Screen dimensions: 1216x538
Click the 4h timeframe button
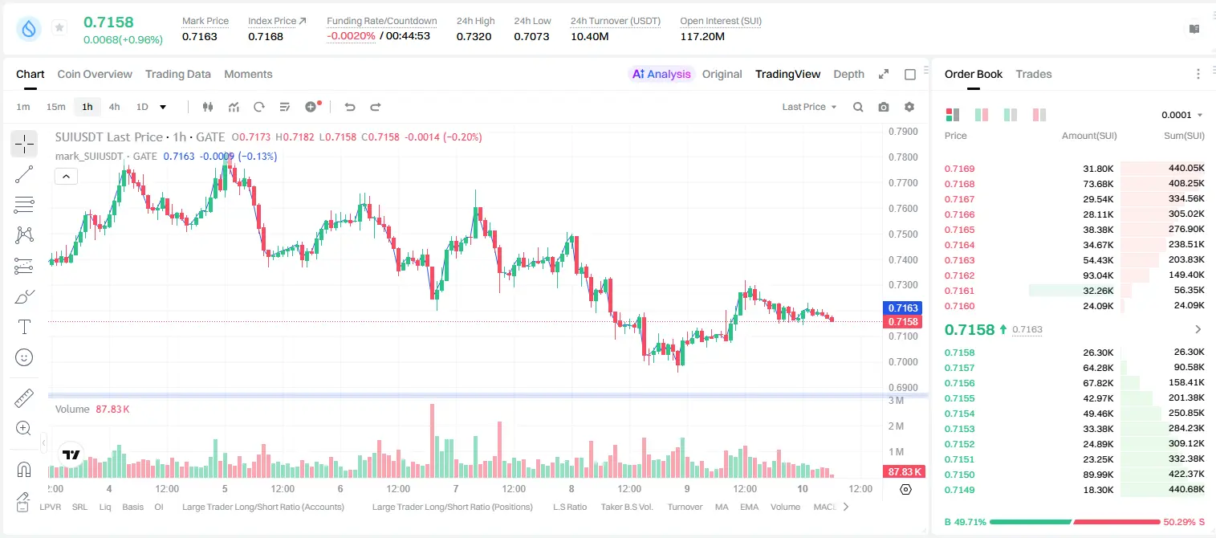[114, 107]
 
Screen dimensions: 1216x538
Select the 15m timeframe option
[55, 107]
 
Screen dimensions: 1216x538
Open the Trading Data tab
[177, 74]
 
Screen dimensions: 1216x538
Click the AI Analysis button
[661, 74]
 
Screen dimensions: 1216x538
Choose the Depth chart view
[848, 74]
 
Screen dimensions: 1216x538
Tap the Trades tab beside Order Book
[1033, 74]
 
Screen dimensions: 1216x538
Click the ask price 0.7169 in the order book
[959, 169]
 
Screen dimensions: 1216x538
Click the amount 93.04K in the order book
[1098, 275]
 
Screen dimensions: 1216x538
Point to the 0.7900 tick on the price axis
[903, 132]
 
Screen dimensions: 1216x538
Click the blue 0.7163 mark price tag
[902, 308]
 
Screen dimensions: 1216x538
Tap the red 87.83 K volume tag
[904, 472]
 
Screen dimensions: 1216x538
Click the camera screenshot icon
[883, 107]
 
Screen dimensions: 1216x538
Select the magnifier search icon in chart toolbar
[858, 107]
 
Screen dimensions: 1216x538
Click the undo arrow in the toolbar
[350, 107]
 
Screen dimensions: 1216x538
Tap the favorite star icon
[59, 27]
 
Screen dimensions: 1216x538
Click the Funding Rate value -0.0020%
[351, 36]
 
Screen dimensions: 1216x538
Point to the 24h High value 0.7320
[474, 36]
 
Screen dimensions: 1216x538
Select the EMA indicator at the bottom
[749, 507]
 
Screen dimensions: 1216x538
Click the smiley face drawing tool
[24, 357]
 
